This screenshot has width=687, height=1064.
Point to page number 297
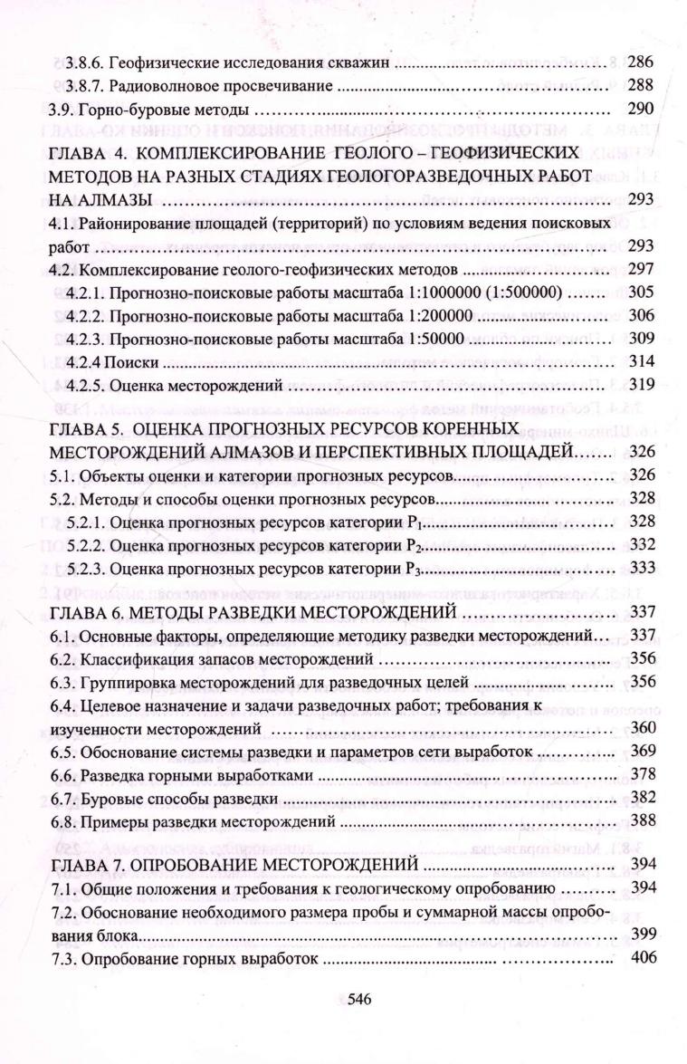point(639,269)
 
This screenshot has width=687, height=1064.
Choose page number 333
point(639,568)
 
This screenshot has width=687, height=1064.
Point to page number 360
point(639,728)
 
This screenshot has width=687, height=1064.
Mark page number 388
point(639,822)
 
